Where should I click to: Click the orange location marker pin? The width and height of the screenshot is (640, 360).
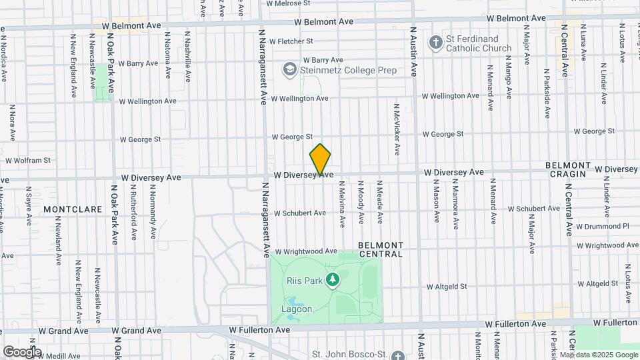coord(321,159)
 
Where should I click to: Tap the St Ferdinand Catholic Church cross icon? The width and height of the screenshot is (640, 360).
coord(435,43)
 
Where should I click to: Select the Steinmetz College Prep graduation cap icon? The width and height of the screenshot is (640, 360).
coord(290,69)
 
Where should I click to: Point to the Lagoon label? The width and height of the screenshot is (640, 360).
coord(296,309)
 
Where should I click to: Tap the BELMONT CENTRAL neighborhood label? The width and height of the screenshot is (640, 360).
coord(381,249)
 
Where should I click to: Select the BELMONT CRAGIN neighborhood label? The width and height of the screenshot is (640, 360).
coord(565,169)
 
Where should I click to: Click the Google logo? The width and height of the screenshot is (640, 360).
coord(22,351)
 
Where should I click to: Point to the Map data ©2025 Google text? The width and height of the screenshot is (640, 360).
coord(598,355)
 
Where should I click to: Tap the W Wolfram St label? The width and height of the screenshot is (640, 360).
coord(28,160)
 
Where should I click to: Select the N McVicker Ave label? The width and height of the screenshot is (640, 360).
coord(397,129)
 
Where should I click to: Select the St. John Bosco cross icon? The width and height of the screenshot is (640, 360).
coord(398,356)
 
